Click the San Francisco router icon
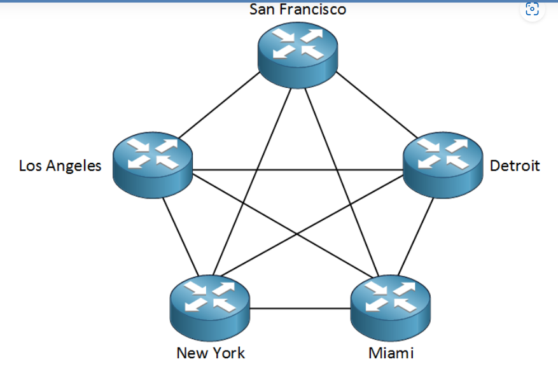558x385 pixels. click(298, 50)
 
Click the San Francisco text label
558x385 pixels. click(298, 9)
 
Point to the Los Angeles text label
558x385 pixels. click(60, 166)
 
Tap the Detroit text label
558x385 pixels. click(515, 166)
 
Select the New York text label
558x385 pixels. click(211, 353)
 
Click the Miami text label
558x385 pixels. click(391, 353)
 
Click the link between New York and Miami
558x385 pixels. click(300, 309)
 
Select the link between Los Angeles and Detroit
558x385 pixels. click(298, 170)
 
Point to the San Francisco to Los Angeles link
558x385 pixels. click(220, 104)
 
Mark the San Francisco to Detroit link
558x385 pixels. click(375, 104)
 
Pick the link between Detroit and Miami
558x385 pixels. click(418, 235)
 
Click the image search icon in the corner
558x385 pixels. click(533, 10)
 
